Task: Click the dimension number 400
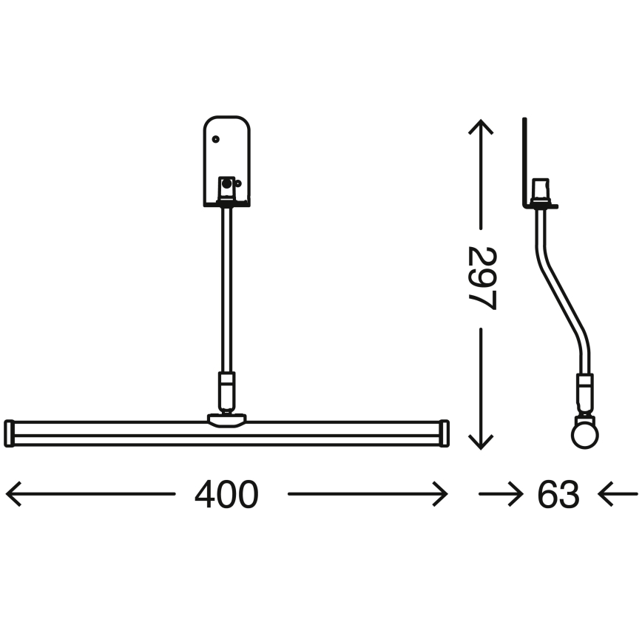[226, 495]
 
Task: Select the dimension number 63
[558, 495]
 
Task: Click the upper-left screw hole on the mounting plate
[215, 138]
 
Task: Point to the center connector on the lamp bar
[226, 420]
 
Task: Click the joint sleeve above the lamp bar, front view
[226, 389]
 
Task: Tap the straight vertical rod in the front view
[226, 288]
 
